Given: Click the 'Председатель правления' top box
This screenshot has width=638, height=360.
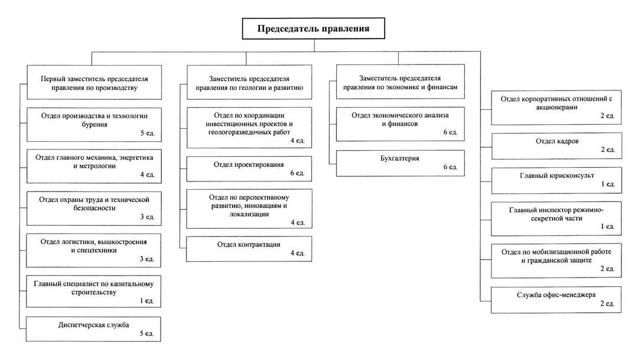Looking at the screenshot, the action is click(313, 28).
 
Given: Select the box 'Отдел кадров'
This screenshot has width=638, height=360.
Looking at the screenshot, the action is click(556, 146).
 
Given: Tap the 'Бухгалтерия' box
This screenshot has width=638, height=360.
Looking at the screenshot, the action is click(400, 163).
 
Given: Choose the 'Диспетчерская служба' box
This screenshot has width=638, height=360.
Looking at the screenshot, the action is click(93, 329).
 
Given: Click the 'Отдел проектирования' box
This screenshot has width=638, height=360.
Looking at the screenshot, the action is click(249, 168).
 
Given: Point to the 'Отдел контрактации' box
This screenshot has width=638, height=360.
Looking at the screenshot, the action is click(249, 249).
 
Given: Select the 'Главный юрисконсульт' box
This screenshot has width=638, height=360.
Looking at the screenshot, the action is click(556, 180).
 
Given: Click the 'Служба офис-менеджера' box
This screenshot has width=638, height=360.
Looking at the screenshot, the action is click(556, 300).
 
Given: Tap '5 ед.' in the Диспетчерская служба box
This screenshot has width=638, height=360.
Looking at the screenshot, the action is click(147, 333).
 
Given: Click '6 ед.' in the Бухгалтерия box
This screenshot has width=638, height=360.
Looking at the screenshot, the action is click(450, 167).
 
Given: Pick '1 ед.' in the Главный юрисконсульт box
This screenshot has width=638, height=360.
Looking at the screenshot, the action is click(608, 184).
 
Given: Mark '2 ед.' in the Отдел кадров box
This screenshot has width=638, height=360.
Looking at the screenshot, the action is click(608, 150).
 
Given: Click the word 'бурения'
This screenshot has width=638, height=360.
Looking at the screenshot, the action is click(95, 125).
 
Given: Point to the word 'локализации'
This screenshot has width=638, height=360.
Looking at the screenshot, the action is click(249, 214).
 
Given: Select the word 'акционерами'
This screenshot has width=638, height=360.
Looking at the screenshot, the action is click(556, 108).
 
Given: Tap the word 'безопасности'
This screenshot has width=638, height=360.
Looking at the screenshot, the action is click(95, 208).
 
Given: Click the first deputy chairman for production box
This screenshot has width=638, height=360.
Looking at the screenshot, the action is click(95, 82).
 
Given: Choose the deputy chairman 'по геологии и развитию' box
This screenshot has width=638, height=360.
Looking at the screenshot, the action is click(249, 82).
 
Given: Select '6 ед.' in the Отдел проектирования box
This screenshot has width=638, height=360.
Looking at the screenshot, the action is click(297, 173).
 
